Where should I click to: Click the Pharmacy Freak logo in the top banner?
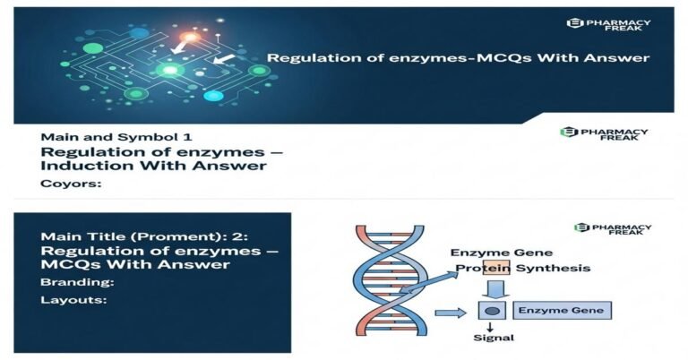pos(608,26)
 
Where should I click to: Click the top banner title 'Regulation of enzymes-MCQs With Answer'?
pos(459,58)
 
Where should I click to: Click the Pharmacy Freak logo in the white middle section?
pos(604,135)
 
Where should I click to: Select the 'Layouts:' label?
pos(73,300)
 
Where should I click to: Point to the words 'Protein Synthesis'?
pos(521,269)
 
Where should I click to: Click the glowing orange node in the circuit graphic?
pos(189,38)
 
